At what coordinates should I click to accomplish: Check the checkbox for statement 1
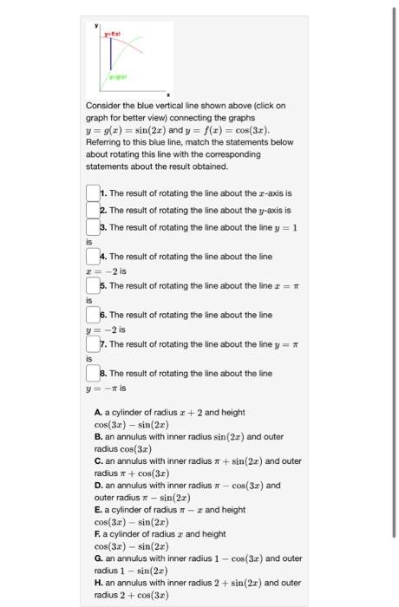(93, 193)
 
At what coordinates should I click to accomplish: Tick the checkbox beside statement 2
(93, 210)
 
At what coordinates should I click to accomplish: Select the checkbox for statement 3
(93, 227)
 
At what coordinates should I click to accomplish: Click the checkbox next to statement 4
(93, 257)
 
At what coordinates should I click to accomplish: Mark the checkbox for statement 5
(93, 285)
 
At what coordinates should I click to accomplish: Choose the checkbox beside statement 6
(93, 315)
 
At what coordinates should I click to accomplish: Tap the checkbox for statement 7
(93, 344)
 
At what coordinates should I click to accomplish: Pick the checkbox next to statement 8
(93, 374)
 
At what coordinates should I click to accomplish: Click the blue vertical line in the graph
(109, 61)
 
